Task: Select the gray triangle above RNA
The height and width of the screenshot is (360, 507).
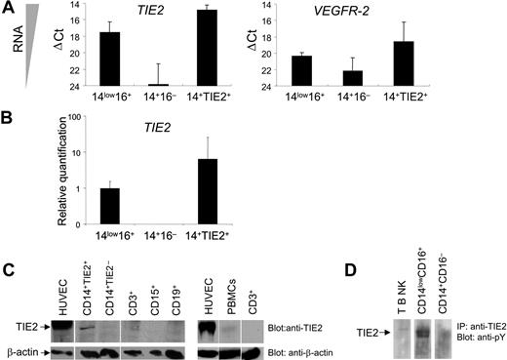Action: click(30, 17)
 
